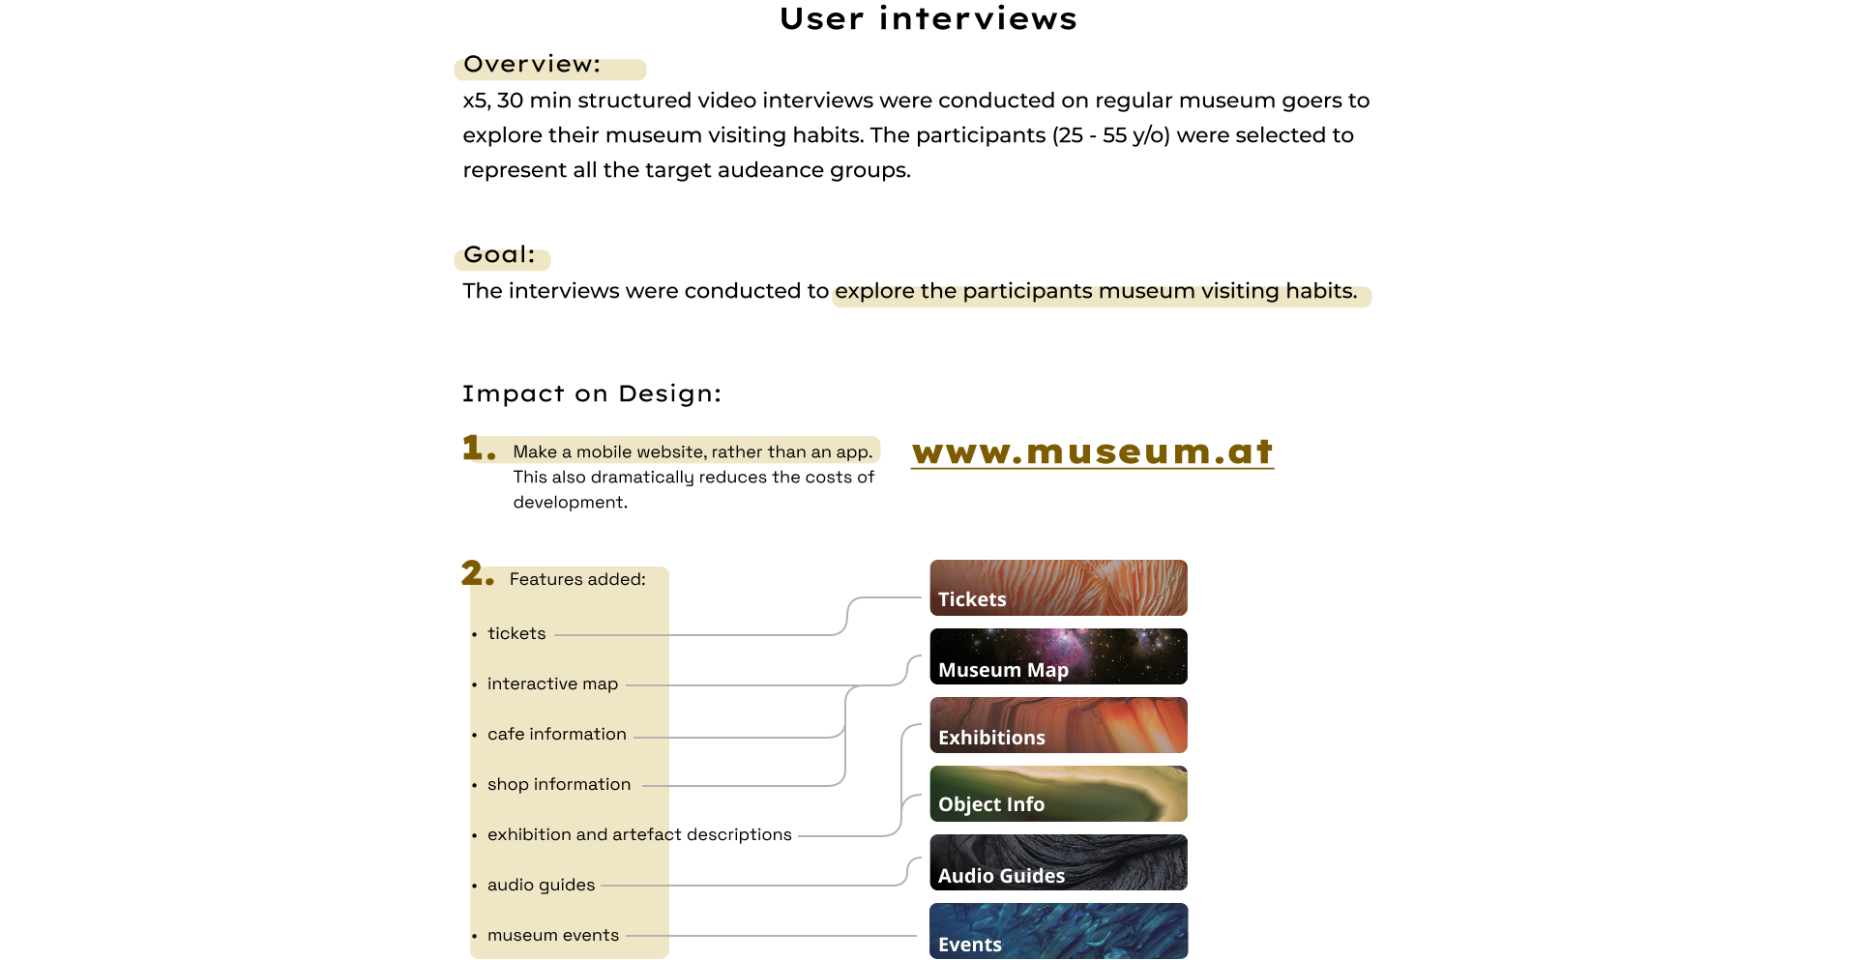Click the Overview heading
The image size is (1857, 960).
click(532, 67)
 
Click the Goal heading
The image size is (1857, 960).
click(499, 257)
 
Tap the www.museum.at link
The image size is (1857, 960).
click(1092, 452)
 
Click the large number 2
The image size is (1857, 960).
click(475, 573)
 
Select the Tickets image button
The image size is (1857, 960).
click(1058, 588)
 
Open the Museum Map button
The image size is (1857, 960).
click(1058, 657)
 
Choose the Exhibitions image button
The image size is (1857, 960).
click(1058, 725)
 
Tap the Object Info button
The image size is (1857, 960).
click(1058, 794)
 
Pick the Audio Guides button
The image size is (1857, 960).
click(1058, 862)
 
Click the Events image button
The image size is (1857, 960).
click(1058, 931)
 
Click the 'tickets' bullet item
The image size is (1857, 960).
click(516, 633)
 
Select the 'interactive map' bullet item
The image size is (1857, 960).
click(552, 684)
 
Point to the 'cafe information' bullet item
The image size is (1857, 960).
click(556, 734)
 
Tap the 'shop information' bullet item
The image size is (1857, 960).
click(558, 784)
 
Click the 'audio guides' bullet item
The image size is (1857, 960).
click(541, 885)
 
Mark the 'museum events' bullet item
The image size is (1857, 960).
click(552, 935)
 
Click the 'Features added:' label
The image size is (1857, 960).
click(577, 579)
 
